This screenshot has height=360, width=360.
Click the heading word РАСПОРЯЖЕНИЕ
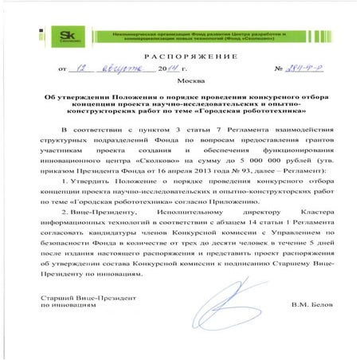[x=179, y=59]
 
